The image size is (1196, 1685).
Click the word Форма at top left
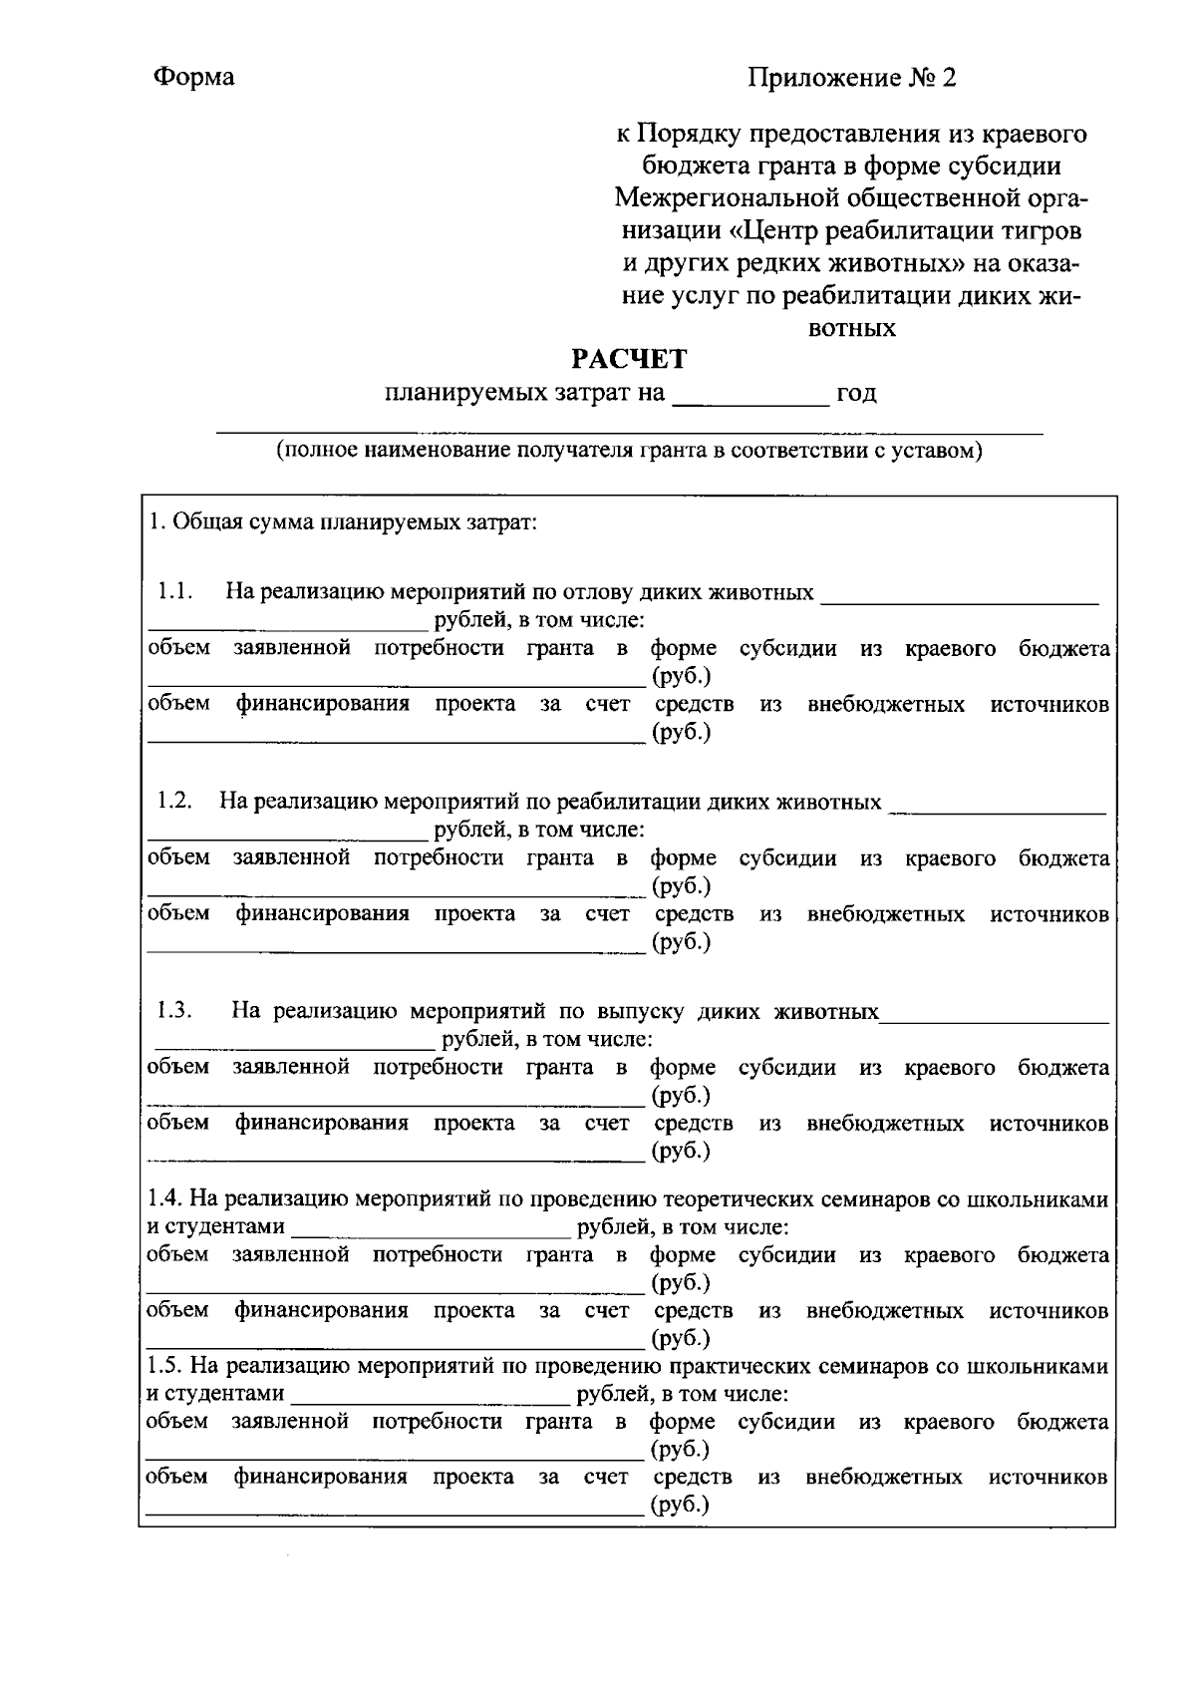tap(194, 78)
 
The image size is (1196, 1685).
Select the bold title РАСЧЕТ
tap(628, 358)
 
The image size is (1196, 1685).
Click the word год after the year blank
tap(856, 393)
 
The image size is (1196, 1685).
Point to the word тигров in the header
tap(1040, 231)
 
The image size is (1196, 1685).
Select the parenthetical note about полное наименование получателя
tap(629, 450)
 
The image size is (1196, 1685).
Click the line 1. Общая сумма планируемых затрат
tap(343, 522)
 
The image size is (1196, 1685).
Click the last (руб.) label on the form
tap(680, 1505)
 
